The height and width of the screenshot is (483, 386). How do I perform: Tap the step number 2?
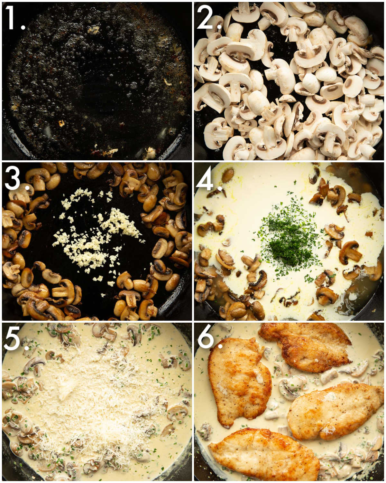click(207, 18)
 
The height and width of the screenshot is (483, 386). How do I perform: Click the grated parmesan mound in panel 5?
click(96, 402)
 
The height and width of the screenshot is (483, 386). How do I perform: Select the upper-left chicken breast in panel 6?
click(240, 380)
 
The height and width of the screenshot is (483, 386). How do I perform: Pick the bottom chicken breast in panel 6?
click(264, 454)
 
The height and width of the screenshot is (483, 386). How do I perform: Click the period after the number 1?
click(23, 28)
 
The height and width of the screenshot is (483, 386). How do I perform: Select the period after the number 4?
click(220, 187)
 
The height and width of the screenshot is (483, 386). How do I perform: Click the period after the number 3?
click(28, 187)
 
